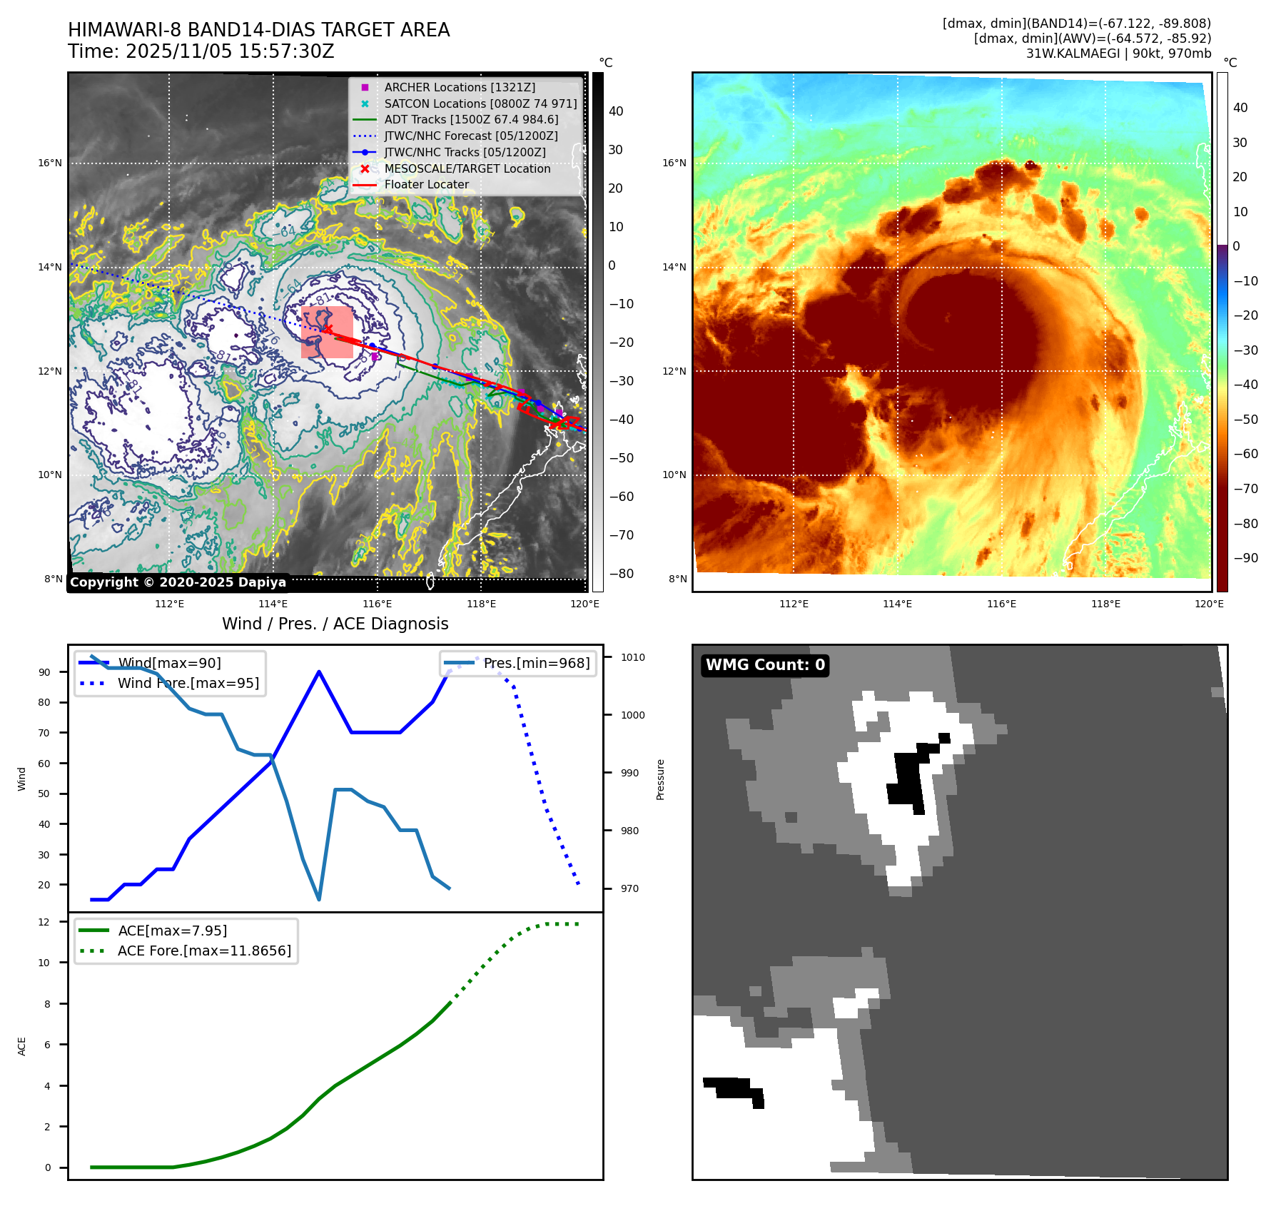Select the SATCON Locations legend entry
[480, 103]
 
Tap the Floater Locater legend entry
[426, 184]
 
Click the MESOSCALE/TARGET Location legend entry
[467, 168]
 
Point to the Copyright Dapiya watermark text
[178, 582]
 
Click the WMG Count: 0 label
[765, 665]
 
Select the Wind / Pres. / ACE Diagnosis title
[335, 624]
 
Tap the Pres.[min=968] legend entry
[536, 663]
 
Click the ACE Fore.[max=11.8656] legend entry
[204, 951]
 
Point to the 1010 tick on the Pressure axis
[632, 657]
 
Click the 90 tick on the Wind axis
[44, 672]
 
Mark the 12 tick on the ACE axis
[44, 922]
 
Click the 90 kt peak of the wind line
[318, 672]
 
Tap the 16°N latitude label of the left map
[50, 163]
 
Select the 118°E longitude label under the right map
[1105, 604]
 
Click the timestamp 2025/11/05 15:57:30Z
[230, 51]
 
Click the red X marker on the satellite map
[328, 329]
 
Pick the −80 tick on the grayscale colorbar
[621, 574]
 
